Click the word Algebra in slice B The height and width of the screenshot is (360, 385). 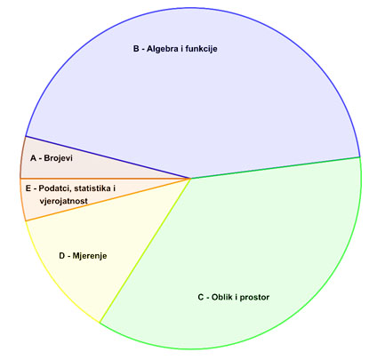point(162,49)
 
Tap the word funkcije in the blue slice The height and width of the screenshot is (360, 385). point(201,49)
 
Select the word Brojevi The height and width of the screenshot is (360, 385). point(58,158)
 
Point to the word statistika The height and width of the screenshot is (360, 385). point(92,188)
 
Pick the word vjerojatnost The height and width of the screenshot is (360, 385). point(63,201)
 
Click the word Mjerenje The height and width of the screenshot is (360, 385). point(90,256)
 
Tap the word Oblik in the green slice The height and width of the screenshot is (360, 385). point(222,297)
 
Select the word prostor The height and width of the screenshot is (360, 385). point(254,297)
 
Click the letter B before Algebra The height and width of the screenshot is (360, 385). point(136,49)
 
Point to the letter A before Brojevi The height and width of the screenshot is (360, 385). point(33,158)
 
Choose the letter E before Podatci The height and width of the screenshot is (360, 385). point(28,188)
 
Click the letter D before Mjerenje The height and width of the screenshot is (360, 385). point(62,255)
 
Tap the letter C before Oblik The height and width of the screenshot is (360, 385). point(201,297)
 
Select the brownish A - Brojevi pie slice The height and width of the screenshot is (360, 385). point(74,166)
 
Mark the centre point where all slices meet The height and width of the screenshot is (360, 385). point(190,179)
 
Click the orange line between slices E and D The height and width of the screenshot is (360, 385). point(108,200)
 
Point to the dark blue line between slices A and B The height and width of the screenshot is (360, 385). point(108,157)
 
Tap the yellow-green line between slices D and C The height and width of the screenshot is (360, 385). point(145,251)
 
